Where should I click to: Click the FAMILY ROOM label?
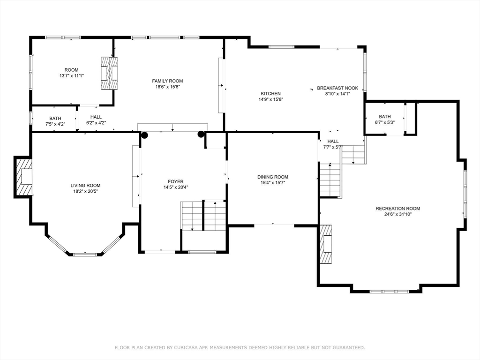(x=167, y=81)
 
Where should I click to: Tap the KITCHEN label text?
(x=270, y=93)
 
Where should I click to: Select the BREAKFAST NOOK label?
(x=337, y=88)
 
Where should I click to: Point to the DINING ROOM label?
(x=273, y=177)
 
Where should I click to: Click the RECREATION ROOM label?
(x=398, y=209)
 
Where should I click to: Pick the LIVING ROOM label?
(x=85, y=186)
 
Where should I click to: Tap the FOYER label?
(x=176, y=181)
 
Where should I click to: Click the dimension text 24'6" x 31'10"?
(x=398, y=214)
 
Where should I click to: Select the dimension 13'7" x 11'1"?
(x=72, y=75)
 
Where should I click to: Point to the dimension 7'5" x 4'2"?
(x=55, y=124)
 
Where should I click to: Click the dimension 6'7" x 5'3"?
(x=385, y=122)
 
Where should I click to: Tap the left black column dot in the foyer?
(x=144, y=135)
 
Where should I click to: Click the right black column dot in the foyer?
(x=201, y=134)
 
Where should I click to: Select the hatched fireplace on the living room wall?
(x=23, y=177)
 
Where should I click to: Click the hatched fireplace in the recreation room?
(x=326, y=244)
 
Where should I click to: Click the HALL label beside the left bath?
(x=96, y=117)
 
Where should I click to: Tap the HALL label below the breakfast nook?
(x=333, y=142)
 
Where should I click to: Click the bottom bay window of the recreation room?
(x=389, y=292)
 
